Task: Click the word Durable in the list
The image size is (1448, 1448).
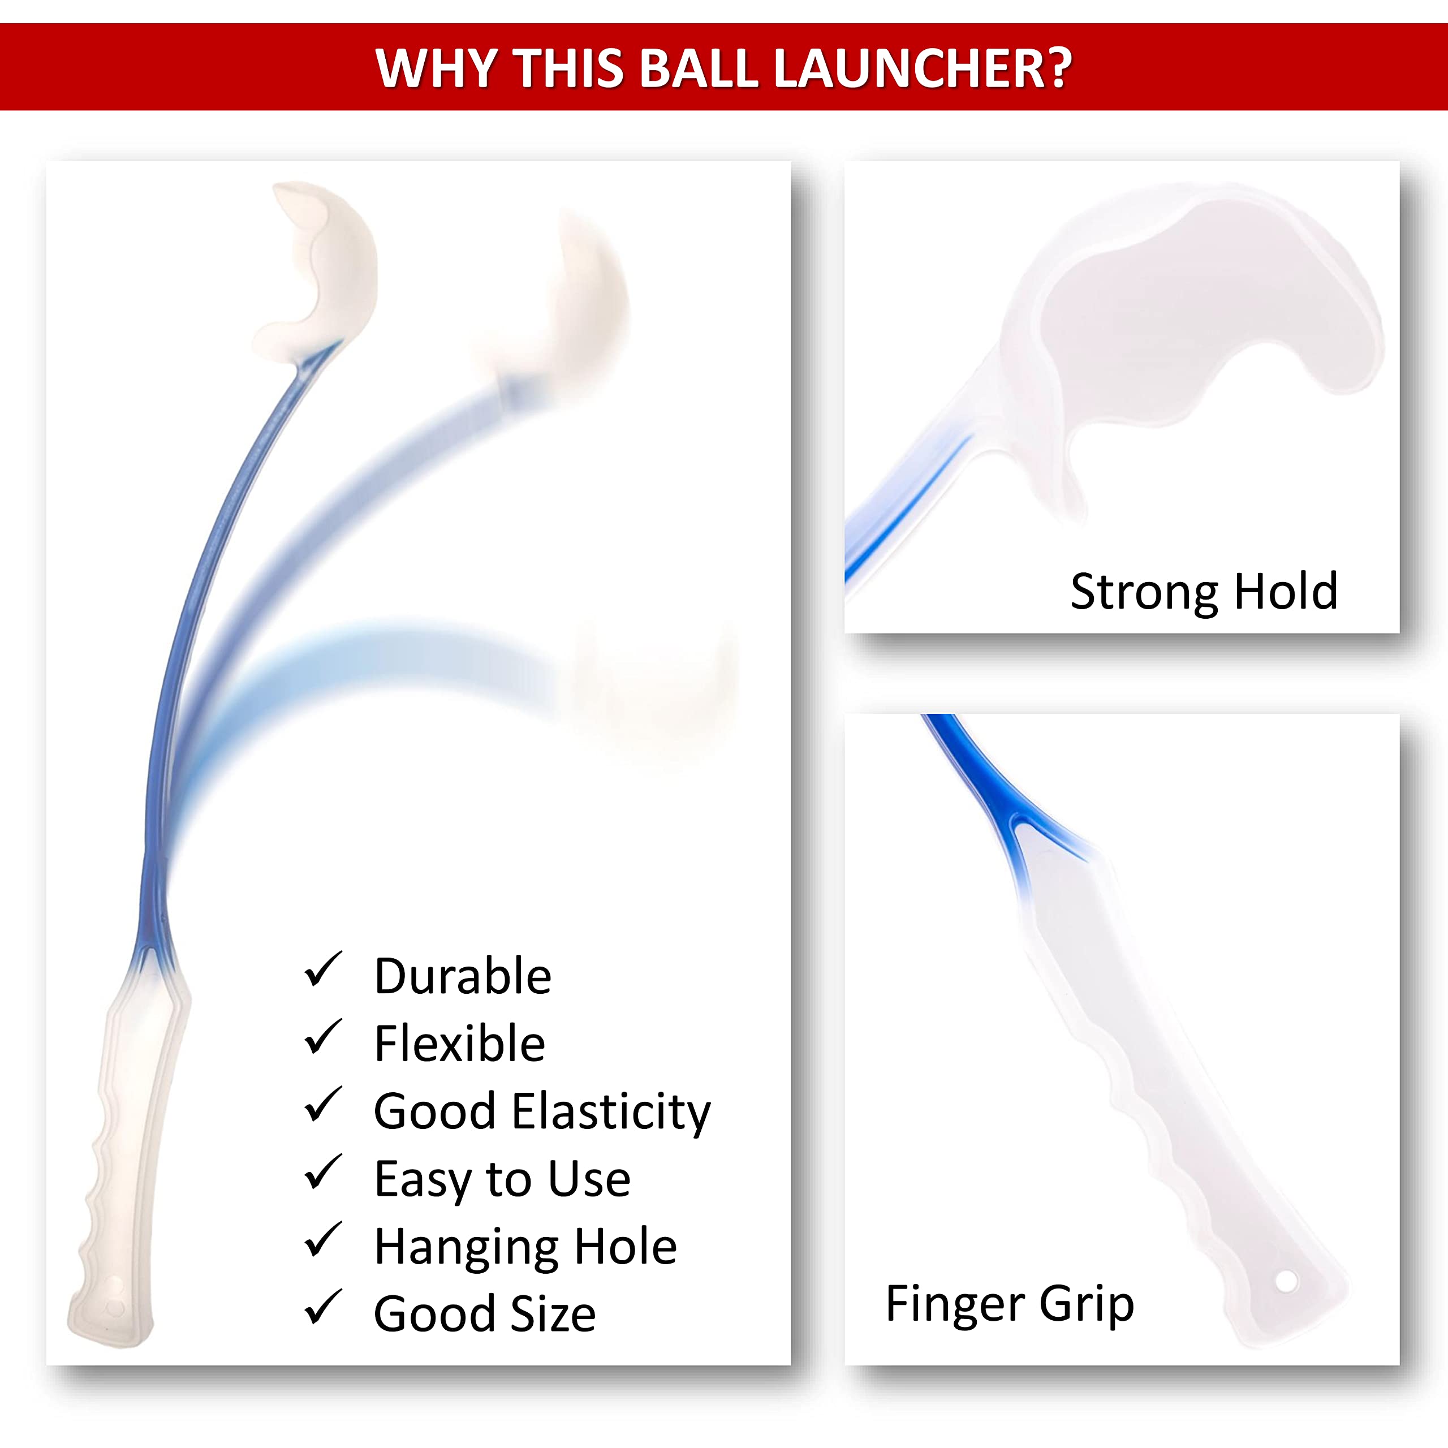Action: pos(463,977)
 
